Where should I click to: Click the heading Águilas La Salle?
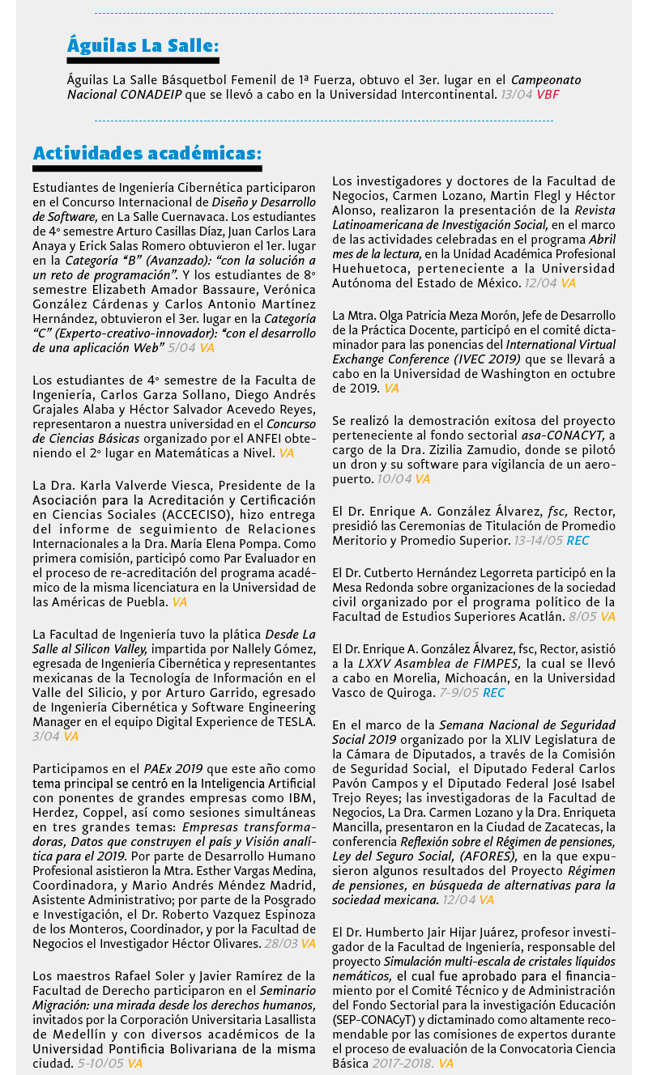(x=143, y=45)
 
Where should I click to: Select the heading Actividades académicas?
(x=147, y=153)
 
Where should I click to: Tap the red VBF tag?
(x=548, y=95)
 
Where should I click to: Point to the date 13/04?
(x=517, y=95)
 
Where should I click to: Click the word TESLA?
(x=296, y=721)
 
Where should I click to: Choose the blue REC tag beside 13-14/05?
(x=578, y=540)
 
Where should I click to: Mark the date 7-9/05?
(x=459, y=693)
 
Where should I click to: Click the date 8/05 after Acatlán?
(x=582, y=617)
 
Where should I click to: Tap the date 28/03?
(x=280, y=944)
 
